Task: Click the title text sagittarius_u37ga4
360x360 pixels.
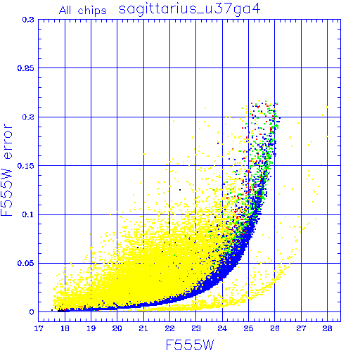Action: (190, 10)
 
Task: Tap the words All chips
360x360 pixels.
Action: (83, 11)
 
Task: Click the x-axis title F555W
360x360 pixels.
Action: (190, 345)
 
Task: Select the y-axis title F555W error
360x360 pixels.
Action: (7, 170)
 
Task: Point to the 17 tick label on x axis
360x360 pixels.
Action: (39, 328)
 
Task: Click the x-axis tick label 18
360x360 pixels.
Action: (65, 328)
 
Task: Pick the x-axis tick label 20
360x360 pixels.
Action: (117, 328)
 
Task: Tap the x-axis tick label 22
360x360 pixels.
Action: (169, 328)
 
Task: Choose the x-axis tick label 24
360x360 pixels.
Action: (222, 328)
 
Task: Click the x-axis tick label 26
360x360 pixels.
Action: (275, 328)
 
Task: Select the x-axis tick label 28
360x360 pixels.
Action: (327, 328)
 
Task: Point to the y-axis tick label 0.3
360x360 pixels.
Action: (28, 20)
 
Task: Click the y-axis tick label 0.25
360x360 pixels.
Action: (26, 68)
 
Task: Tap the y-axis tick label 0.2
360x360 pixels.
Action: (28, 117)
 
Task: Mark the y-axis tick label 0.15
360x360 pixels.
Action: (26, 166)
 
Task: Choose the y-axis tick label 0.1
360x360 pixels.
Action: (28, 214)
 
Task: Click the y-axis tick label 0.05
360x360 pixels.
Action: (26, 263)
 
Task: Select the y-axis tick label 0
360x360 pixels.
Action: (32, 312)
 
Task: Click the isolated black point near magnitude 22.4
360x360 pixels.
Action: (180, 190)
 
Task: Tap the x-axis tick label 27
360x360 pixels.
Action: (301, 328)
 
